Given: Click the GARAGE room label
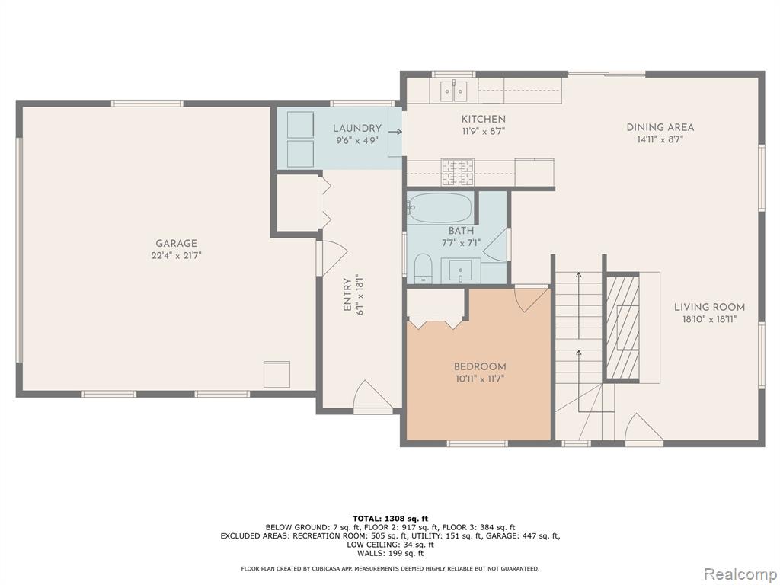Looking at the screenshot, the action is click(177, 243).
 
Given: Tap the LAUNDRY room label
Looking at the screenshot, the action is click(357, 128).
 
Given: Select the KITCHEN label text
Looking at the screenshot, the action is click(484, 119).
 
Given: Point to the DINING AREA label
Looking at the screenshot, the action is click(660, 127).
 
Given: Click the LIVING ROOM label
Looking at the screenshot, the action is click(709, 307).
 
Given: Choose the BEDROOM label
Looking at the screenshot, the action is click(480, 366).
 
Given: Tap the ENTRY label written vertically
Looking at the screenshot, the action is click(347, 295).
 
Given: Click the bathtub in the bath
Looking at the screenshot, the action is click(440, 208).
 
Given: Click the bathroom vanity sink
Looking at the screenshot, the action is click(461, 270).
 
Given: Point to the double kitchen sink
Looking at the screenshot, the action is click(454, 91).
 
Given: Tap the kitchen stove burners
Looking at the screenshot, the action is click(458, 171).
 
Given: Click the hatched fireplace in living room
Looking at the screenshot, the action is click(622, 327).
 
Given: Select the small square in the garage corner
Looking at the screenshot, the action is click(277, 375).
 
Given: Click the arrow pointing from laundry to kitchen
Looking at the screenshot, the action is click(395, 132).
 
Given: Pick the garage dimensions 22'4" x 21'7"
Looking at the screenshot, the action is click(177, 256).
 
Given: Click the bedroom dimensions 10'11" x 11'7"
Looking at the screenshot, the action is click(480, 379).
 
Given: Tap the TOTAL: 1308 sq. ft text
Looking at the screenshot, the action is click(391, 519).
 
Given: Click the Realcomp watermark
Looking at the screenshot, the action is click(740, 574).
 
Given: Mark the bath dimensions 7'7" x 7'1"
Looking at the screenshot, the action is click(461, 243).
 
